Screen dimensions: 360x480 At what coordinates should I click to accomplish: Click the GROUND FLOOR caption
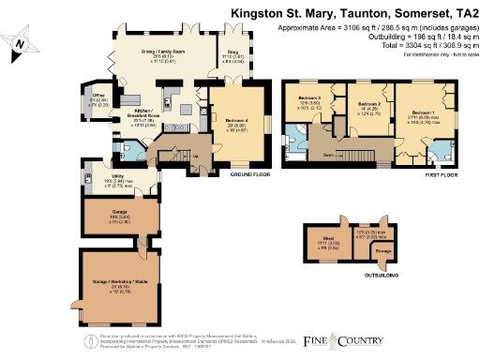click(249, 174)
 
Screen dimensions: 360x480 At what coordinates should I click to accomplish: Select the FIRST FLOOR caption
click(439, 174)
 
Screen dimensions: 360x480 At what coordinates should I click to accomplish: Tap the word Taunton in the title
click(357, 13)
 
